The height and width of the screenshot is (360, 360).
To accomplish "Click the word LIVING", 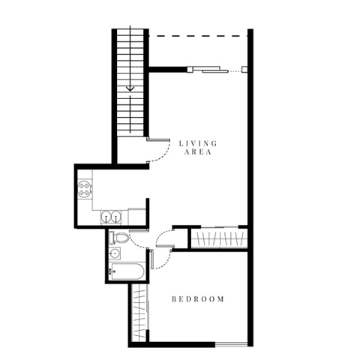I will (198, 142).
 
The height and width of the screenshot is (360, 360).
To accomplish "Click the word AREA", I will (198, 151).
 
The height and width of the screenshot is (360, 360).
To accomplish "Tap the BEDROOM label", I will (198, 299).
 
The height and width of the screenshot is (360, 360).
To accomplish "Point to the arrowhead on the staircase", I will (131, 87).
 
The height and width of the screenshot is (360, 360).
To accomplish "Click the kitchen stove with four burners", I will (85, 188).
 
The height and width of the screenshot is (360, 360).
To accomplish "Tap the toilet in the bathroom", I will (118, 239).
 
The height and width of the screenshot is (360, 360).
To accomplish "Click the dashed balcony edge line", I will (196, 34).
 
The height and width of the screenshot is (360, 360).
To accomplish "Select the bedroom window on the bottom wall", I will (231, 343).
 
